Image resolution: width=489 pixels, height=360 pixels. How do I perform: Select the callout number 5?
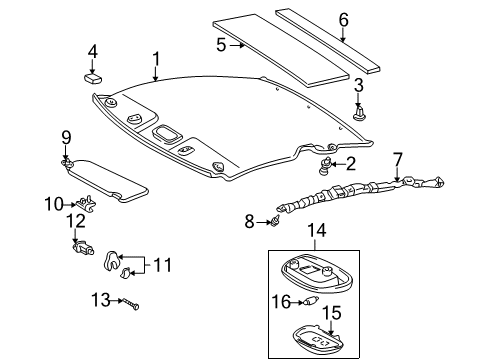[x=221, y=45]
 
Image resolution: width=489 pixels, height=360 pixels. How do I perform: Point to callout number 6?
[x=343, y=19]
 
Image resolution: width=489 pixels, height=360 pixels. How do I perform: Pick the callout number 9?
[x=66, y=137]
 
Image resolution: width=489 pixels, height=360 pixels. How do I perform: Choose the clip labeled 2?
[x=326, y=165]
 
